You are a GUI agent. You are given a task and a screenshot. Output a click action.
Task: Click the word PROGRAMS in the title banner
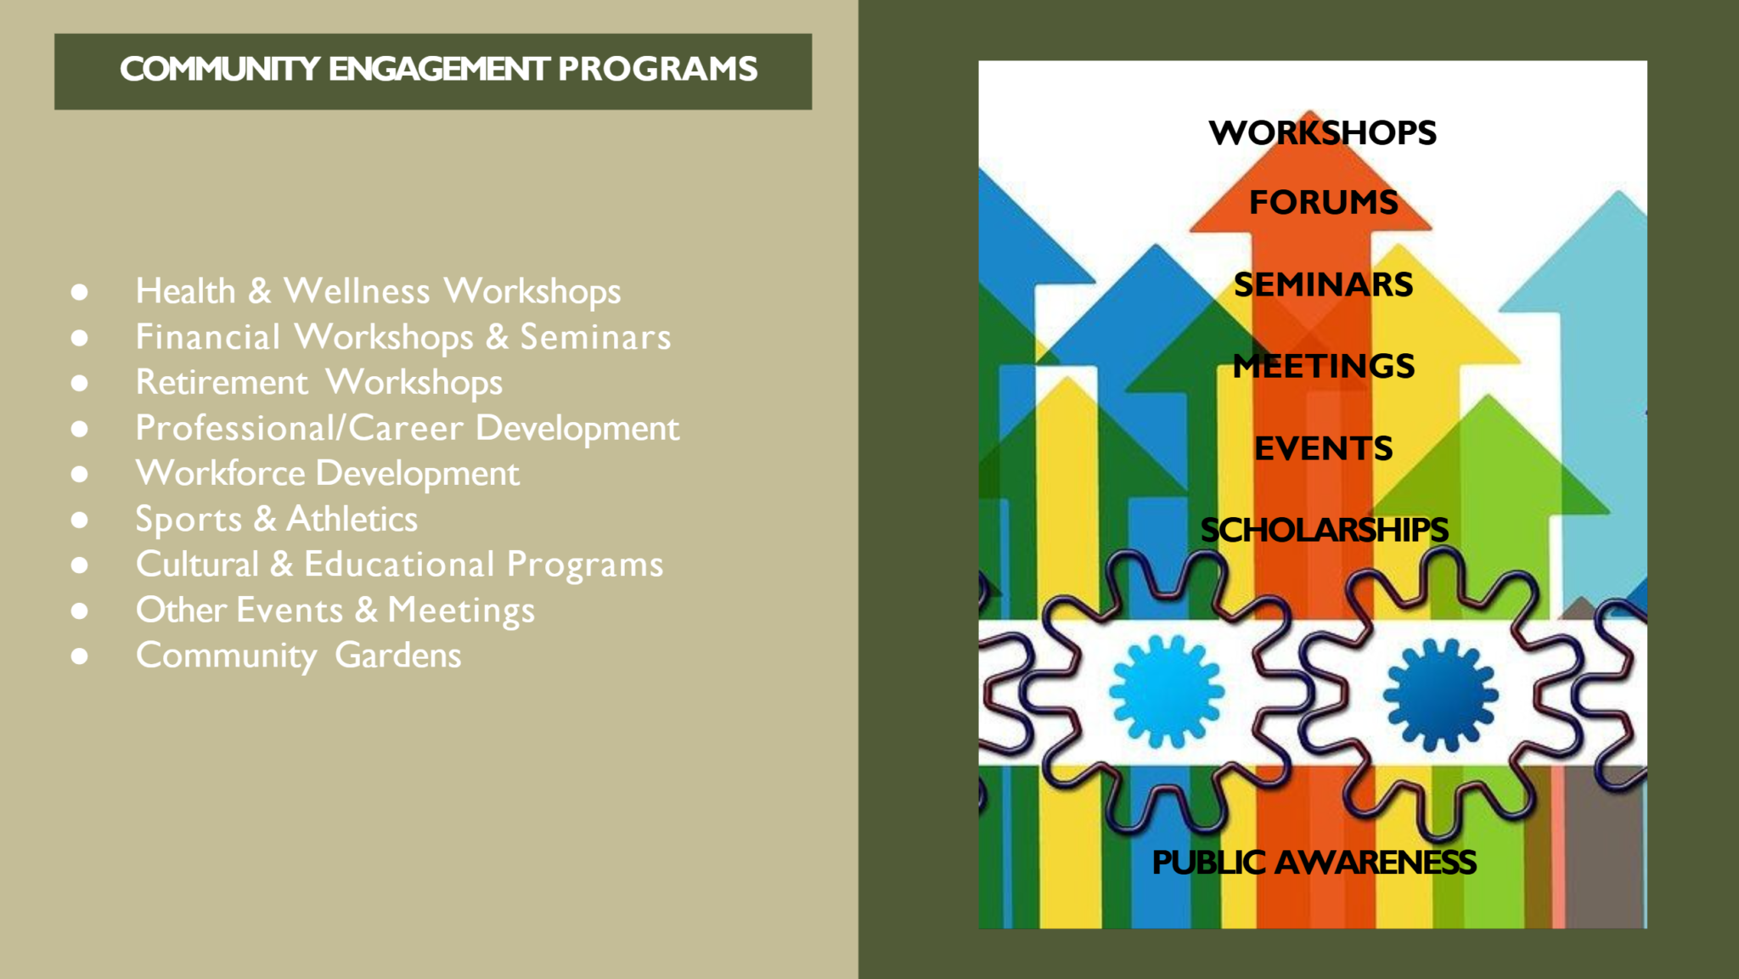tap(657, 69)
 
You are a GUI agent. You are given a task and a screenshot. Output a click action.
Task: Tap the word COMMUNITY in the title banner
tap(219, 69)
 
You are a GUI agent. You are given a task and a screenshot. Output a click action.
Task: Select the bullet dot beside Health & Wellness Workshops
tap(80, 292)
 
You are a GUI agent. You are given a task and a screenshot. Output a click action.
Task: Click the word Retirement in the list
tap(222, 382)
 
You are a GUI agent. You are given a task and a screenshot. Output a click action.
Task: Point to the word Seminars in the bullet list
tap(595, 337)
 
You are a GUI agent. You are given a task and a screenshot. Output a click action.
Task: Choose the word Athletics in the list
tap(352, 519)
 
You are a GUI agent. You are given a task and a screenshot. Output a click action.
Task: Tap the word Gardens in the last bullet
tap(398, 655)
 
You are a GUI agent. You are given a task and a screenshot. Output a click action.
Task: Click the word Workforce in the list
tap(221, 473)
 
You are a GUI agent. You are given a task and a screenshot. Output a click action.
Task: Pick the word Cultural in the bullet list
tap(197, 565)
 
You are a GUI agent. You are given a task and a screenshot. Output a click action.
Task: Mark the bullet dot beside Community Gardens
tap(80, 655)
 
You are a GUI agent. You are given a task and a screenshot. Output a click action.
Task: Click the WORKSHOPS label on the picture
tap(1323, 132)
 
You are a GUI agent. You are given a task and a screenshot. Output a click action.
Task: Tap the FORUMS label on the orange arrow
tap(1323, 202)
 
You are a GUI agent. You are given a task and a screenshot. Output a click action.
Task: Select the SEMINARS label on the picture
tap(1323, 284)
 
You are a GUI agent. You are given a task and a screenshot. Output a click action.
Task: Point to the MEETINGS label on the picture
tap(1323, 366)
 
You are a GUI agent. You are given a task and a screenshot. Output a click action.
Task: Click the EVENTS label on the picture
tap(1323, 448)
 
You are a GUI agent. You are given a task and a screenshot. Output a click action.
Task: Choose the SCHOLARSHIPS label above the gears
tap(1324, 530)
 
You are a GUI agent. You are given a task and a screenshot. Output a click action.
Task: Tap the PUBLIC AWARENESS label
tap(1314, 862)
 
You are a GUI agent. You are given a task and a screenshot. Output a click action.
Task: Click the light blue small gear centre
tap(1167, 691)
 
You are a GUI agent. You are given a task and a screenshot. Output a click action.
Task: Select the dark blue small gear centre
tap(1440, 695)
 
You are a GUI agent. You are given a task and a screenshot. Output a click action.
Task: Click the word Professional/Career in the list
tap(300, 428)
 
